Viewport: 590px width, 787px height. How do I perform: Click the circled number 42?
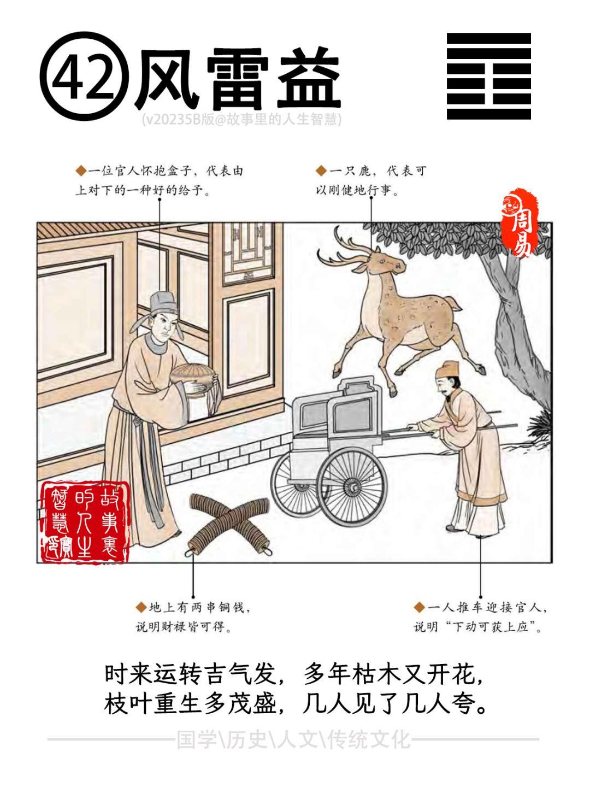tap(85, 76)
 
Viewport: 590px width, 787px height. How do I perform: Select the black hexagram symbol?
tap(488, 76)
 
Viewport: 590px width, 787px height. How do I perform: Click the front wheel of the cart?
tap(353, 486)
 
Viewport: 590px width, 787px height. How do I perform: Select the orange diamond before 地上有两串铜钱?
tap(141, 607)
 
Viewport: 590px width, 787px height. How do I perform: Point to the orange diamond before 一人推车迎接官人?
tap(419, 607)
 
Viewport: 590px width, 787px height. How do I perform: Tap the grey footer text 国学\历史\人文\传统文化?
tap(293, 738)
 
